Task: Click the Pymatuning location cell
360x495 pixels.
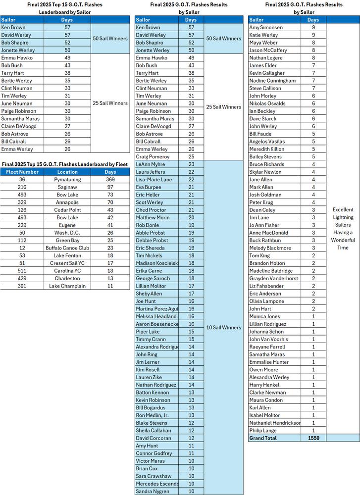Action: click(x=67, y=180)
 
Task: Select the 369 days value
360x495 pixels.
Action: click(x=110, y=180)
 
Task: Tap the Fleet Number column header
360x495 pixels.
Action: click(x=22, y=172)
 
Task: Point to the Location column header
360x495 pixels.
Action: click(x=67, y=172)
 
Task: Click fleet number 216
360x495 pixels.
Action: click(x=22, y=187)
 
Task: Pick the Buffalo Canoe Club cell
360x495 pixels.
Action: click(x=67, y=248)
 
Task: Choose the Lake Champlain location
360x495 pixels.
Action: click(x=67, y=286)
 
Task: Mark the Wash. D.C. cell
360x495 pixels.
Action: click(x=67, y=233)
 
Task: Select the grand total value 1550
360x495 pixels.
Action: click(x=313, y=438)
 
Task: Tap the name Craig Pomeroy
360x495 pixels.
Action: click(x=153, y=157)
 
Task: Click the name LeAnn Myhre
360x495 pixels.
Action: click(x=150, y=164)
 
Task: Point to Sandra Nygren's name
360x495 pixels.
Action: click(x=153, y=492)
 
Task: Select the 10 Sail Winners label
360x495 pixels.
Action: click(x=224, y=328)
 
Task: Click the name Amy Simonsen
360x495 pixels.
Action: click(x=266, y=28)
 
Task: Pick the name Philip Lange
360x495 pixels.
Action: click(x=263, y=431)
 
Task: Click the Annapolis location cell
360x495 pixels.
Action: click(x=67, y=202)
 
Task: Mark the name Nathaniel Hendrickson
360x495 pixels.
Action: click(x=275, y=423)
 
